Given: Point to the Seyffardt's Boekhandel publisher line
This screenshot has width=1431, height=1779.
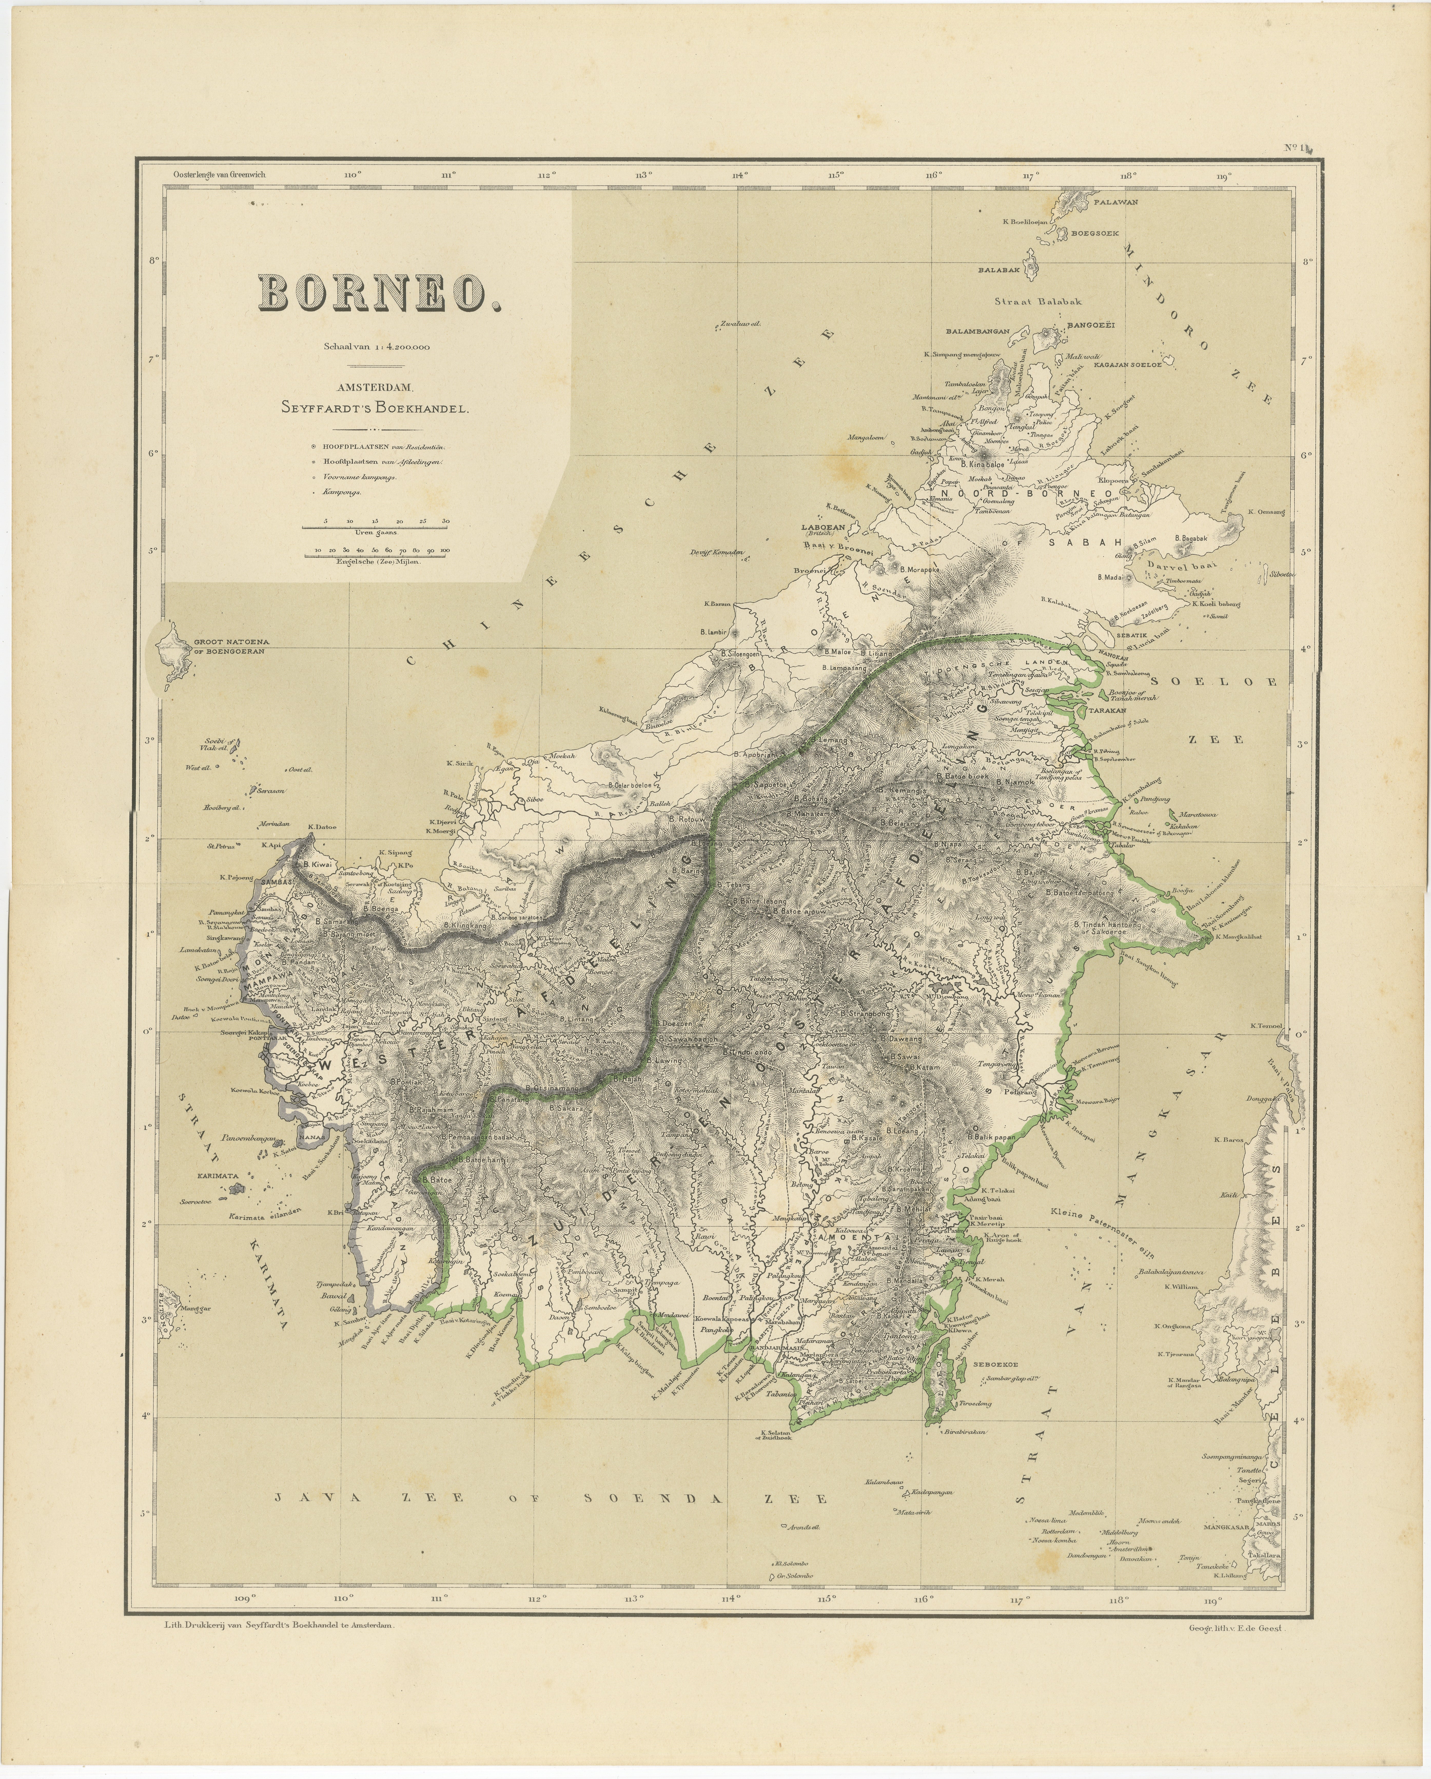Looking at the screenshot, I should [380, 408].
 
